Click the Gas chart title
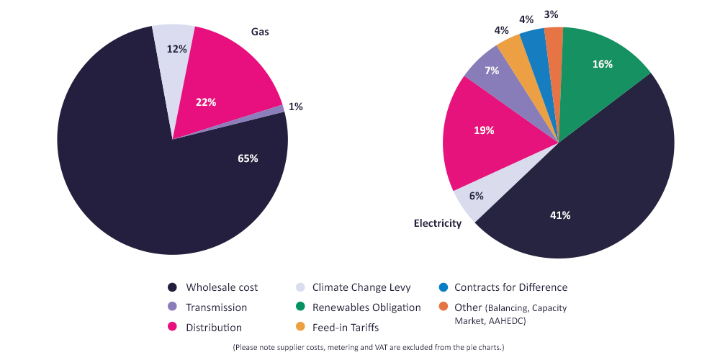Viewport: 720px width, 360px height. tap(260, 32)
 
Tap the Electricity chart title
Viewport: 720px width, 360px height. tap(437, 223)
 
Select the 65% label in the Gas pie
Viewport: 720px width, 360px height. tap(248, 158)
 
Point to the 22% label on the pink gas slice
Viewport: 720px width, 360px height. tap(206, 102)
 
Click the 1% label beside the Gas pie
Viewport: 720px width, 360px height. tap(295, 107)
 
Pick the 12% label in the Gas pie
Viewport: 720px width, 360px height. tap(177, 50)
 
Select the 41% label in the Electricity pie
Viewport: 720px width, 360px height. tap(560, 215)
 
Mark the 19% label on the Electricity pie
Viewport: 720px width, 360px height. tap(484, 130)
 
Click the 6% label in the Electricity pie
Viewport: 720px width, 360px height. tap(476, 196)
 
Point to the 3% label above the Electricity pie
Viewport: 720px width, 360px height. tap(552, 14)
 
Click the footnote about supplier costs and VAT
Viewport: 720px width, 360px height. tap(368, 348)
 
